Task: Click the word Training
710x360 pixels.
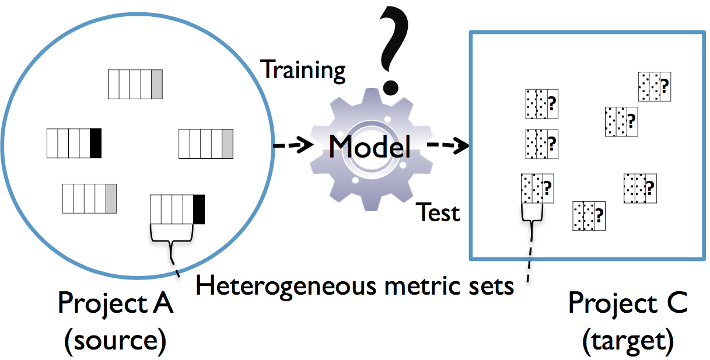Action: coord(303,69)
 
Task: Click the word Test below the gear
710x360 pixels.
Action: coord(439,212)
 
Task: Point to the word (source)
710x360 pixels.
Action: coord(116,341)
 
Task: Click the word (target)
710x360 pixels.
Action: coord(628,341)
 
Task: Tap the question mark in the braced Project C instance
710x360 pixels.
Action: coord(547,188)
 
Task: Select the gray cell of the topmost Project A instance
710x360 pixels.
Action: coord(156,84)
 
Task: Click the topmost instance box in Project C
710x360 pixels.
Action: coord(653,86)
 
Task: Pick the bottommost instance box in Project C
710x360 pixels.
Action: coord(589,216)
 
